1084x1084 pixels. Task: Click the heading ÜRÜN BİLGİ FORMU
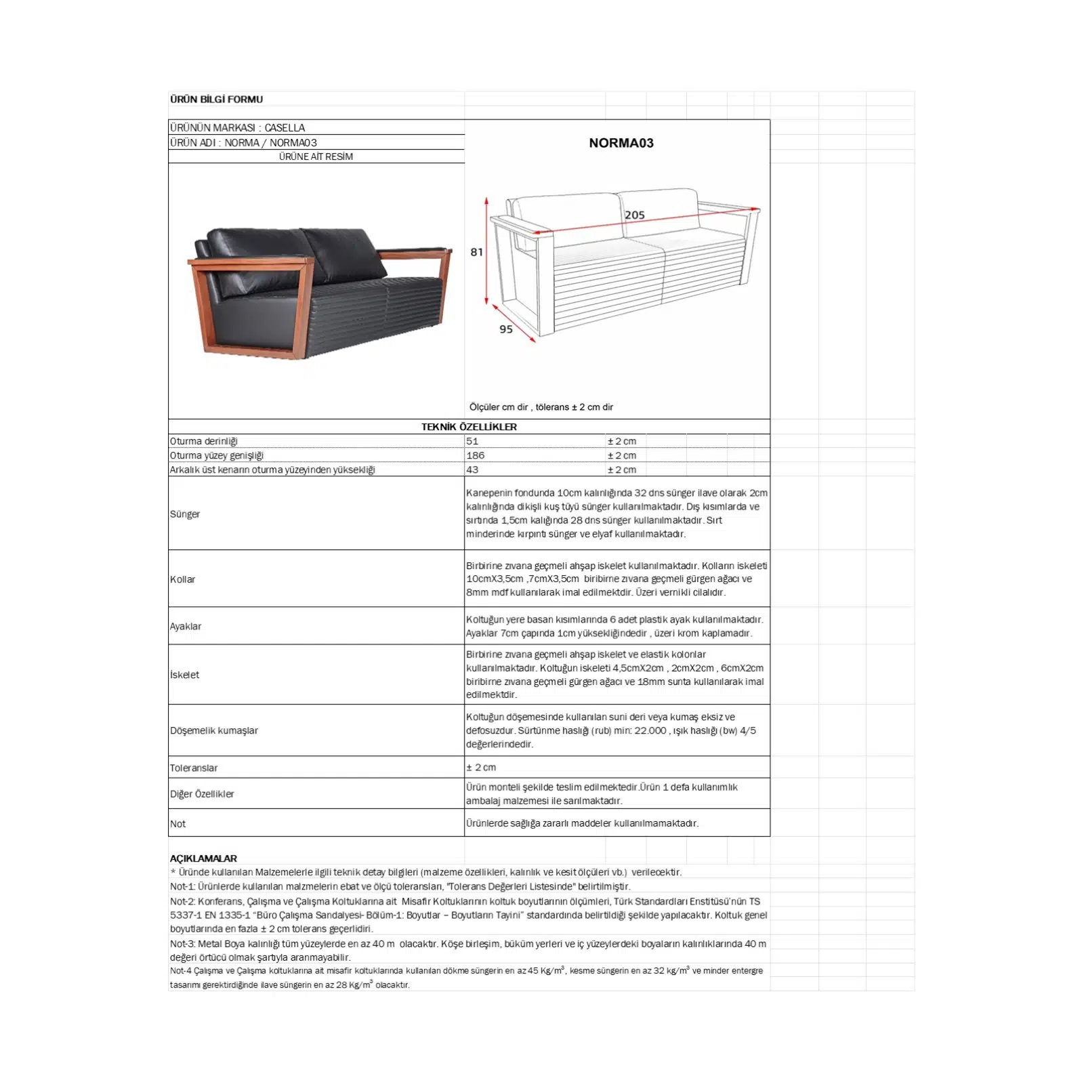tap(216, 100)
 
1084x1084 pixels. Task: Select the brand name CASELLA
tap(285, 127)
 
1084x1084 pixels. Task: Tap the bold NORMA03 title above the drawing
tap(621, 143)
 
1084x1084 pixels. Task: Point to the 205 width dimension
tap(634, 215)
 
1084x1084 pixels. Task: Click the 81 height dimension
tap(477, 252)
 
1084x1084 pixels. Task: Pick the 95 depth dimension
tap(506, 329)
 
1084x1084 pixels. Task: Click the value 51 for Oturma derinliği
tap(472, 441)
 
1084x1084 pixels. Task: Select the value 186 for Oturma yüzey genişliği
tap(475, 455)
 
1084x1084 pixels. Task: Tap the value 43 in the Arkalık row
tap(472, 470)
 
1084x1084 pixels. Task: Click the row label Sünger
tap(185, 514)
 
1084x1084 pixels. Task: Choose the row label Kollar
tap(182, 579)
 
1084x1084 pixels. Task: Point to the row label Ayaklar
tap(186, 626)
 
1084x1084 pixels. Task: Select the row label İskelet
tap(184, 675)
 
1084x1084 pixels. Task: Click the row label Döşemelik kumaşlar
tap(214, 730)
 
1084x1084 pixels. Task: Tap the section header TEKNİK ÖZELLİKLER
tap(469, 427)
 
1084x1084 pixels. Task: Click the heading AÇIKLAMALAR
tap(203, 858)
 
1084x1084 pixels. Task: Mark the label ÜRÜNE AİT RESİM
tap(316, 157)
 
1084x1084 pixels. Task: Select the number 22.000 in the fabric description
tap(650, 730)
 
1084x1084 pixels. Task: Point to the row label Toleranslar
tap(194, 768)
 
